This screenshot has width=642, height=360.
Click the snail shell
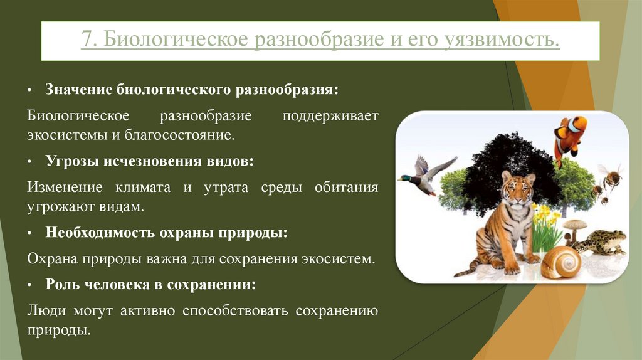pos(560,262)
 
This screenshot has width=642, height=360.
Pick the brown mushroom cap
pos(574,224)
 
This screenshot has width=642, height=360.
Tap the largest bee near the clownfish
pos(610,177)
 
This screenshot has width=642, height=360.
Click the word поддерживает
pos(331,117)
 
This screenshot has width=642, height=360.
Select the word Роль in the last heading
pos(61,283)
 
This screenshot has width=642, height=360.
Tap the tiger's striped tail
pos(466,270)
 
